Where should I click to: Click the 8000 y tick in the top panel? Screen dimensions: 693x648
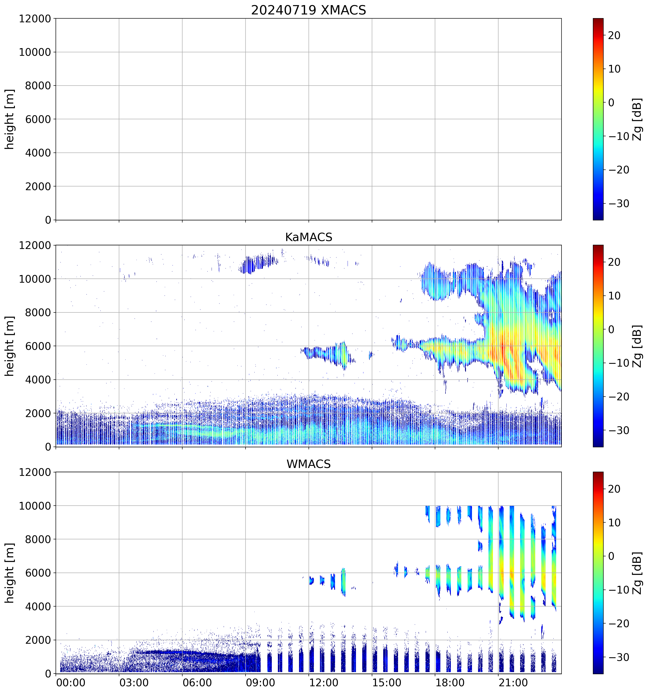click(x=38, y=86)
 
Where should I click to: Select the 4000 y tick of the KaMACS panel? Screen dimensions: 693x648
click(x=38, y=380)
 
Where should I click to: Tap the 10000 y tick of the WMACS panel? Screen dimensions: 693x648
click(x=35, y=506)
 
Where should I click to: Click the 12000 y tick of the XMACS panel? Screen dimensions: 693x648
click(x=35, y=18)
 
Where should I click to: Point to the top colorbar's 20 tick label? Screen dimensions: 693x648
click(x=614, y=36)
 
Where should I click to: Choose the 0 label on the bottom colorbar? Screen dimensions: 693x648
click(x=611, y=556)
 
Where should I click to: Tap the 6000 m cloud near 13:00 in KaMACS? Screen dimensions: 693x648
click(x=331, y=354)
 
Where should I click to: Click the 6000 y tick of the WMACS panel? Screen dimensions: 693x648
click(x=38, y=573)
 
